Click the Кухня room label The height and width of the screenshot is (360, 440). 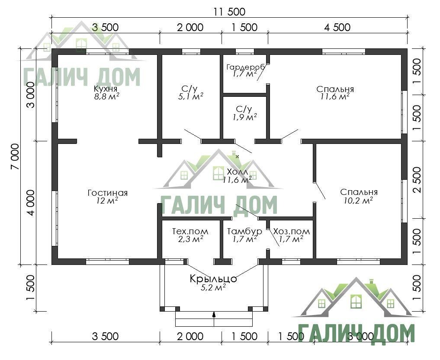pos(105,89)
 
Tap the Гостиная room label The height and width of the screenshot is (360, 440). pos(108,193)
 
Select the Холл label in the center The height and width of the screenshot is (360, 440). pos(238,172)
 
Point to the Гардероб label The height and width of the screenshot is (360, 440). pos(246,67)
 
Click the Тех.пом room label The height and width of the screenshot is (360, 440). pos(190,231)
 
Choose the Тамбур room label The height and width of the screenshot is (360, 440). pos(244,231)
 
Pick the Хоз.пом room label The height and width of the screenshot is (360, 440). pos(292,231)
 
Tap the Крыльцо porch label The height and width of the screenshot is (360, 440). pos(213,279)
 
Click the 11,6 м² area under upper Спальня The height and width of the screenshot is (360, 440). pos(334,97)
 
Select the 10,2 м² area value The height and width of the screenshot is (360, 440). pos(358,200)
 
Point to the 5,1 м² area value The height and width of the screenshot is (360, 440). pos(191,97)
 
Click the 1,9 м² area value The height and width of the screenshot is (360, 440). pos(245,117)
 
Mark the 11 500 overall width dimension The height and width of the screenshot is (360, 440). pos(229,12)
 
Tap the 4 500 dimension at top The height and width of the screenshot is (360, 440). pos(337,27)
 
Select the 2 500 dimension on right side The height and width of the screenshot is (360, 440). pos(417,180)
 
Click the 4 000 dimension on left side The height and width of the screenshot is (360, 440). pos(30,203)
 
